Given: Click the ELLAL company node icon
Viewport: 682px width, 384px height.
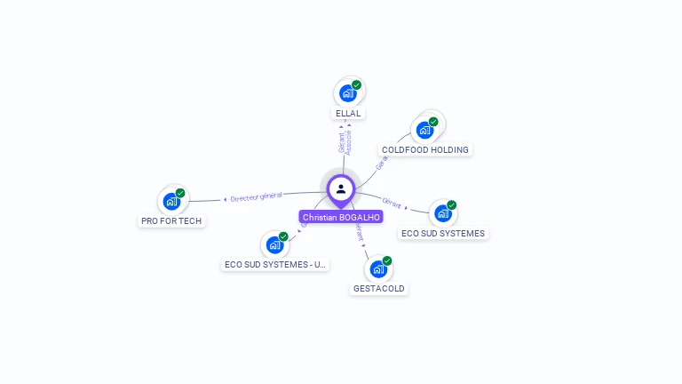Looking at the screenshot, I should click(348, 92).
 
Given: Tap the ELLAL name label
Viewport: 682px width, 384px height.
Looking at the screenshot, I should click(348, 114).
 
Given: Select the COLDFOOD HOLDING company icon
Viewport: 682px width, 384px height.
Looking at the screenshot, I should click(425, 129).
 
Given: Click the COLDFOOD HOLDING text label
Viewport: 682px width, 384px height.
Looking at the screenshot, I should click(425, 150).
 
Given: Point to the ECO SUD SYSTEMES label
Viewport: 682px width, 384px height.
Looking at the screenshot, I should click(443, 234).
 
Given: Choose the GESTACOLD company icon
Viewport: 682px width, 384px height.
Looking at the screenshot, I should click(378, 268).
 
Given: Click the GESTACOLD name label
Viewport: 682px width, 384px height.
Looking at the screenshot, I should click(378, 289).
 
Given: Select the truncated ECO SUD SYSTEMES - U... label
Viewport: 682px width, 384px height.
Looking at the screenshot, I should click(275, 265).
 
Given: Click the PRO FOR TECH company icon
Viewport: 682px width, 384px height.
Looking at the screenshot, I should click(171, 201).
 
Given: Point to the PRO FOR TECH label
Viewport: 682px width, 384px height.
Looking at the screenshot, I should click(171, 220).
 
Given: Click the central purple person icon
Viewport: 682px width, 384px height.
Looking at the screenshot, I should click(341, 188).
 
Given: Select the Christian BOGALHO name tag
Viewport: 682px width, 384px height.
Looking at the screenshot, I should click(341, 217).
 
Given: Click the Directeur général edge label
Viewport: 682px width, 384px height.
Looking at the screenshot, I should click(256, 196).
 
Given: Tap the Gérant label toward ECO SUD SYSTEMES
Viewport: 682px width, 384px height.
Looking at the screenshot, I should click(392, 203).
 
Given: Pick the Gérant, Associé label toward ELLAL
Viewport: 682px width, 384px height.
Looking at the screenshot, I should click(345, 142).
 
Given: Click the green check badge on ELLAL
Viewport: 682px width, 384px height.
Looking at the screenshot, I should click(356, 85).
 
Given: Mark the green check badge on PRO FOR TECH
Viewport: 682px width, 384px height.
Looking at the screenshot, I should click(180, 193).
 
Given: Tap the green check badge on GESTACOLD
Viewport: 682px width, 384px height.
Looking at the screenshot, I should click(387, 261).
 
